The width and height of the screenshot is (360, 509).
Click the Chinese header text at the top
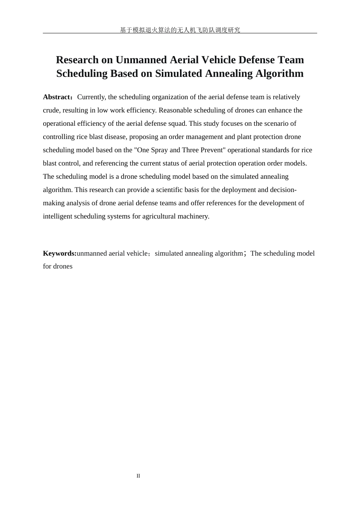180,30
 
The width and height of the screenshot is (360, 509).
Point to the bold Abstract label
56,97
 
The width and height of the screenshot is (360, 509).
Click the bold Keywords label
59,253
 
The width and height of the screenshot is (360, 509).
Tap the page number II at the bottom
138,476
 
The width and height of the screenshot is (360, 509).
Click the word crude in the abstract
51,110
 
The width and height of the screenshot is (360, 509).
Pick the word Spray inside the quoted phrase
159,150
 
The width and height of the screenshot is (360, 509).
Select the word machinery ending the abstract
193,216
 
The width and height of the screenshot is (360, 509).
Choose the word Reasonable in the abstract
175,110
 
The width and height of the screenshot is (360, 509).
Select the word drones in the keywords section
63,266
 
